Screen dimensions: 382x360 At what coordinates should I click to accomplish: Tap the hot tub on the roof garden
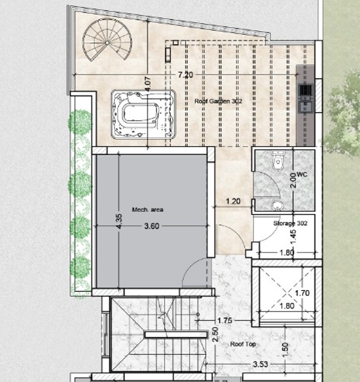pos(143,114)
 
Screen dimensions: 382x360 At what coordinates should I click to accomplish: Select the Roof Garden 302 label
pos(218,102)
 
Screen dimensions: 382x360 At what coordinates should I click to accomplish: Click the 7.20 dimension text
pos(185,75)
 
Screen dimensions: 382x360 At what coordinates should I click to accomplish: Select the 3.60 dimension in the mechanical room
pos(151,226)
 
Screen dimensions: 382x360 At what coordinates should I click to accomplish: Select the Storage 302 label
pos(290,223)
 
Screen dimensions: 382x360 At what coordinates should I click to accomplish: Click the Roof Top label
pos(243,344)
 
